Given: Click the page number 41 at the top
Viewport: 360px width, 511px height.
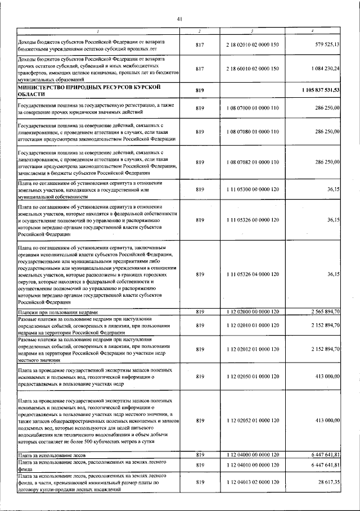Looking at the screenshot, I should [x=180, y=19].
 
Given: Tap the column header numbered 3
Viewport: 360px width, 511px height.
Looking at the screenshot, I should [x=253, y=31].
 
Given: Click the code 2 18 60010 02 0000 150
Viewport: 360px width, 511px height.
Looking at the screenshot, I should [x=253, y=69].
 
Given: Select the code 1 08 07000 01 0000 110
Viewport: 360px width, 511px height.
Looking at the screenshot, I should [x=253, y=107].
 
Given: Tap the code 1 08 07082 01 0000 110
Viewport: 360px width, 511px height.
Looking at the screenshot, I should [x=253, y=162].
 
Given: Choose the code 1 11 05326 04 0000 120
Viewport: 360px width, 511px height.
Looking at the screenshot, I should [x=253, y=274].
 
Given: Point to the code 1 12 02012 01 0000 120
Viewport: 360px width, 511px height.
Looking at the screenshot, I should [x=253, y=349].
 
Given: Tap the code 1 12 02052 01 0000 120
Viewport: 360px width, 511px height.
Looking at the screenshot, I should [x=253, y=420].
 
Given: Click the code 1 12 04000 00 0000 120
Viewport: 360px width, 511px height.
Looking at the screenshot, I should [x=253, y=454].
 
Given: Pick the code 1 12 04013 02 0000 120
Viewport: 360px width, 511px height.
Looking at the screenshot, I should [x=253, y=483].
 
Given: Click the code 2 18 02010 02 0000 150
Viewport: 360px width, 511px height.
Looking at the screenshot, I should [x=253, y=44].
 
